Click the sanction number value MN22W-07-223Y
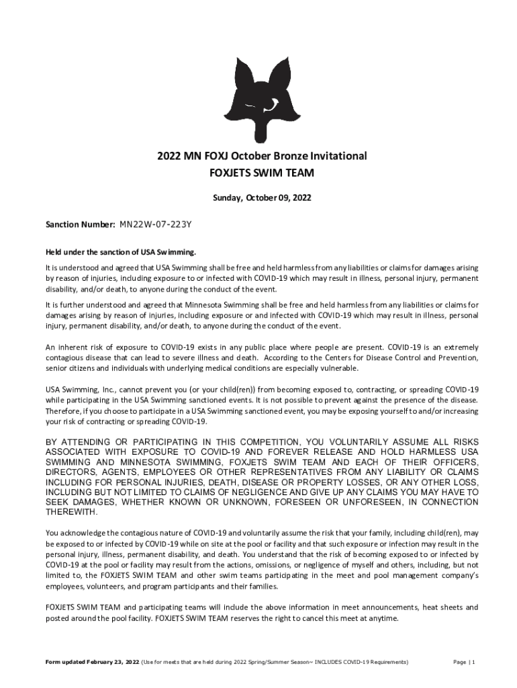point(158,225)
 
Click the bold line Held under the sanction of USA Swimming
point(121,252)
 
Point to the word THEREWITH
point(71,512)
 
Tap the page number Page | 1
point(464,662)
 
